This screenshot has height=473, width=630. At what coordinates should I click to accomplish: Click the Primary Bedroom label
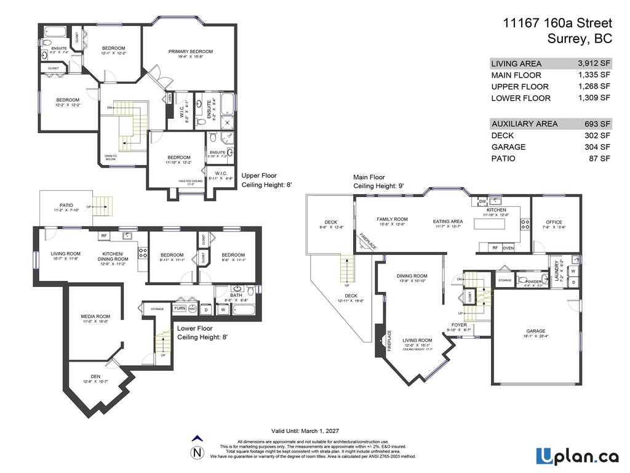191,52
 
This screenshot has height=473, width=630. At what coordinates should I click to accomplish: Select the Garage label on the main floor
535,331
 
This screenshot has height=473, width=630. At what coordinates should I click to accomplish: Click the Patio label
66,205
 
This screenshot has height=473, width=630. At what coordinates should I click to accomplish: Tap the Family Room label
393,219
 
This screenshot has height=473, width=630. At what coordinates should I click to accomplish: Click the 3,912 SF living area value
594,63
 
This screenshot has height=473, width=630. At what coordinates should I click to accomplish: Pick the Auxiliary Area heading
524,124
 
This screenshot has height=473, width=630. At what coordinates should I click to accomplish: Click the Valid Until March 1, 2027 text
305,431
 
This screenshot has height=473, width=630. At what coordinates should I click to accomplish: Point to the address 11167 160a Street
557,23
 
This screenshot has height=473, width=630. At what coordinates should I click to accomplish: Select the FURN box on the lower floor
180,308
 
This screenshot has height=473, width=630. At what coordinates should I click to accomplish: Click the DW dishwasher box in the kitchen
482,201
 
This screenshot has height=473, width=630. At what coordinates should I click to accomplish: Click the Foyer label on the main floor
459,325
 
